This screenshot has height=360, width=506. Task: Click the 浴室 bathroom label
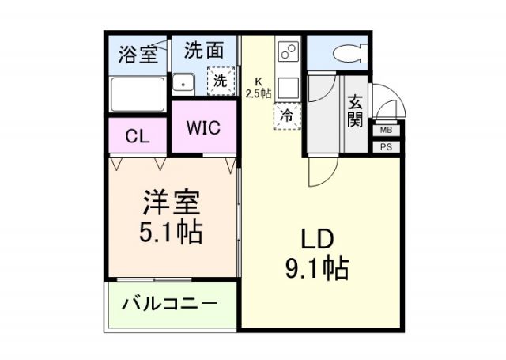click(137, 55)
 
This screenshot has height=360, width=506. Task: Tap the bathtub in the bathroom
click(137, 93)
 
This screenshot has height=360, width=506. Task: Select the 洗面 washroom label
click(203, 51)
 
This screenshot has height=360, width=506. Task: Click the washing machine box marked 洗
click(221, 81)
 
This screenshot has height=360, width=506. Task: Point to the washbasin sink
click(185, 81)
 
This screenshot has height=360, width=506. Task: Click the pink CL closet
click(137, 135)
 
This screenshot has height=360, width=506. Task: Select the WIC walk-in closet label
click(203, 127)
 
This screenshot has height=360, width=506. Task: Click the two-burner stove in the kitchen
click(287, 53)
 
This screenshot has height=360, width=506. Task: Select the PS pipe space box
click(386, 146)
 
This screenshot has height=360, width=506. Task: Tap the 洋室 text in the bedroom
click(172, 203)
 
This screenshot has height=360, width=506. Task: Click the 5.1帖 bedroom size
click(172, 232)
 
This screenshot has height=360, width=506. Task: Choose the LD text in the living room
click(316, 239)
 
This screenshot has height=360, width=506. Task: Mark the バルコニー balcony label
click(170, 304)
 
